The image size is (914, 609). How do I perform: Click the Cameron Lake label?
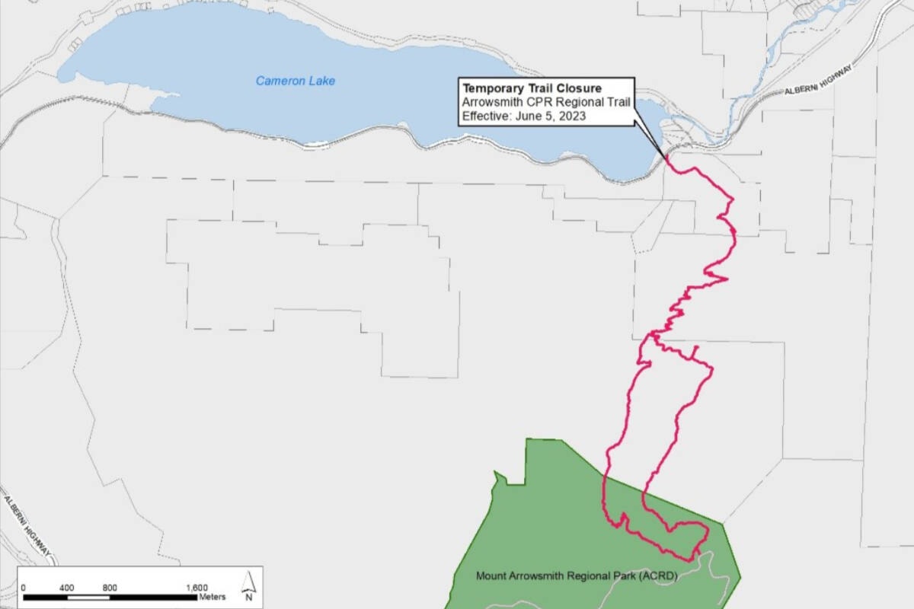pos(295,81)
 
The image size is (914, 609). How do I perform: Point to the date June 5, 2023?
pos(540,117)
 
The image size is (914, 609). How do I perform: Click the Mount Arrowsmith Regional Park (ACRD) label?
pos(577,576)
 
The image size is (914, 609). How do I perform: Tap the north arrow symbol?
pos(248,582)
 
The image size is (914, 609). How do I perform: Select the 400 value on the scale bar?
pos(66,588)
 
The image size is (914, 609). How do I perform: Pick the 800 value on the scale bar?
pos(110,588)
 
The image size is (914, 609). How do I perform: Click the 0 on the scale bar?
pos(23,588)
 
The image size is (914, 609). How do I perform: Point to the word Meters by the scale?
pos(213,597)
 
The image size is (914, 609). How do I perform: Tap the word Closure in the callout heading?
pos(578,89)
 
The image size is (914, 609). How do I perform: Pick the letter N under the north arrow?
pos(248,597)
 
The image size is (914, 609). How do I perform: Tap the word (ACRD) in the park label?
pos(660,576)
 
